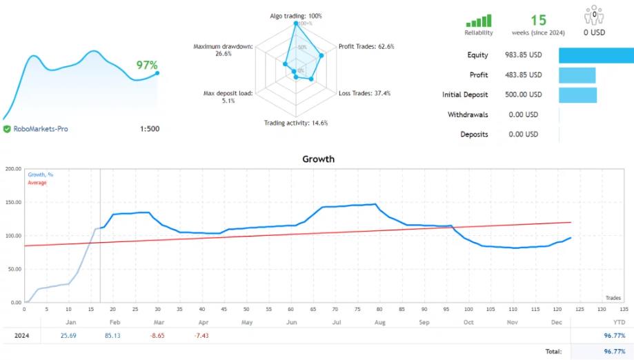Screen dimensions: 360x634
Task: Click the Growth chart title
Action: [318, 159]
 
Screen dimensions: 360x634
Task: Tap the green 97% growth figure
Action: [147, 65]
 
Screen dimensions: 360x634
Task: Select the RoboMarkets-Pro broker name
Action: [41, 129]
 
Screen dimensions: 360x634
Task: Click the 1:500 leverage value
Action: [149, 129]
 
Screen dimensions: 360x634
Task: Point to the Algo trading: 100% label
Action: [296, 16]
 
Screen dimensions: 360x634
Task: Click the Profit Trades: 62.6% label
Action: [366, 47]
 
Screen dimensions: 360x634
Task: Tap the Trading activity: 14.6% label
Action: [296, 123]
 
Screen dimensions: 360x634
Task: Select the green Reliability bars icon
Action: [479, 21]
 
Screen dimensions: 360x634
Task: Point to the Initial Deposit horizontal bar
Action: [577, 94]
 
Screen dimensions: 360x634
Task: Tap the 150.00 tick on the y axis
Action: [12, 202]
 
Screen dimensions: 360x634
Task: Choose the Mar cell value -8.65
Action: [157, 336]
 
